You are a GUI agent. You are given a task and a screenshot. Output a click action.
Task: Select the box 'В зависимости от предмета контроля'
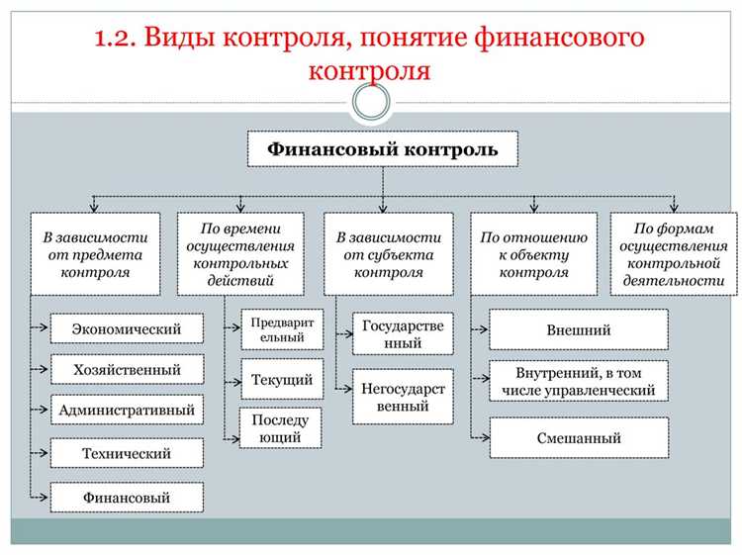(94, 253)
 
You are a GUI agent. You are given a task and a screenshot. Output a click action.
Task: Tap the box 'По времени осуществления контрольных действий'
(241, 253)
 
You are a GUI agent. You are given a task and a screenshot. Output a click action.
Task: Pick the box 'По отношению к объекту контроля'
(534, 253)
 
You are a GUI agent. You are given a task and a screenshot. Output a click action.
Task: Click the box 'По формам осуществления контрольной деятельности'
(674, 253)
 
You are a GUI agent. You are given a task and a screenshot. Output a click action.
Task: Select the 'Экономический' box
(127, 327)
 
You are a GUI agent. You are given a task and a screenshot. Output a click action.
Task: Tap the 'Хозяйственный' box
(127, 369)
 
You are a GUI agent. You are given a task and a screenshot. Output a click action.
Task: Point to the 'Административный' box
(127, 410)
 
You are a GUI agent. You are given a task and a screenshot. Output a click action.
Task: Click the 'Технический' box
(127, 453)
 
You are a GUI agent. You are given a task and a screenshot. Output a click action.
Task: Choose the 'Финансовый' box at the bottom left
(127, 497)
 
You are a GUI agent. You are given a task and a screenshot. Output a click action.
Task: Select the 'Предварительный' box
(281, 329)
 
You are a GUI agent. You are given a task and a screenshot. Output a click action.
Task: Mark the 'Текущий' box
(281, 379)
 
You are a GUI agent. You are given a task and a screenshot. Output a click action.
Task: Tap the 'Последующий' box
(281, 426)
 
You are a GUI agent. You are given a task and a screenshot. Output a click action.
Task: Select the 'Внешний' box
(579, 329)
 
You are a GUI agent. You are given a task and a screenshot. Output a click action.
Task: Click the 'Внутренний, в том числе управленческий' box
(579, 382)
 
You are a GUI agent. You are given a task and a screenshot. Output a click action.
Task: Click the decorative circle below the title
(371, 101)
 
